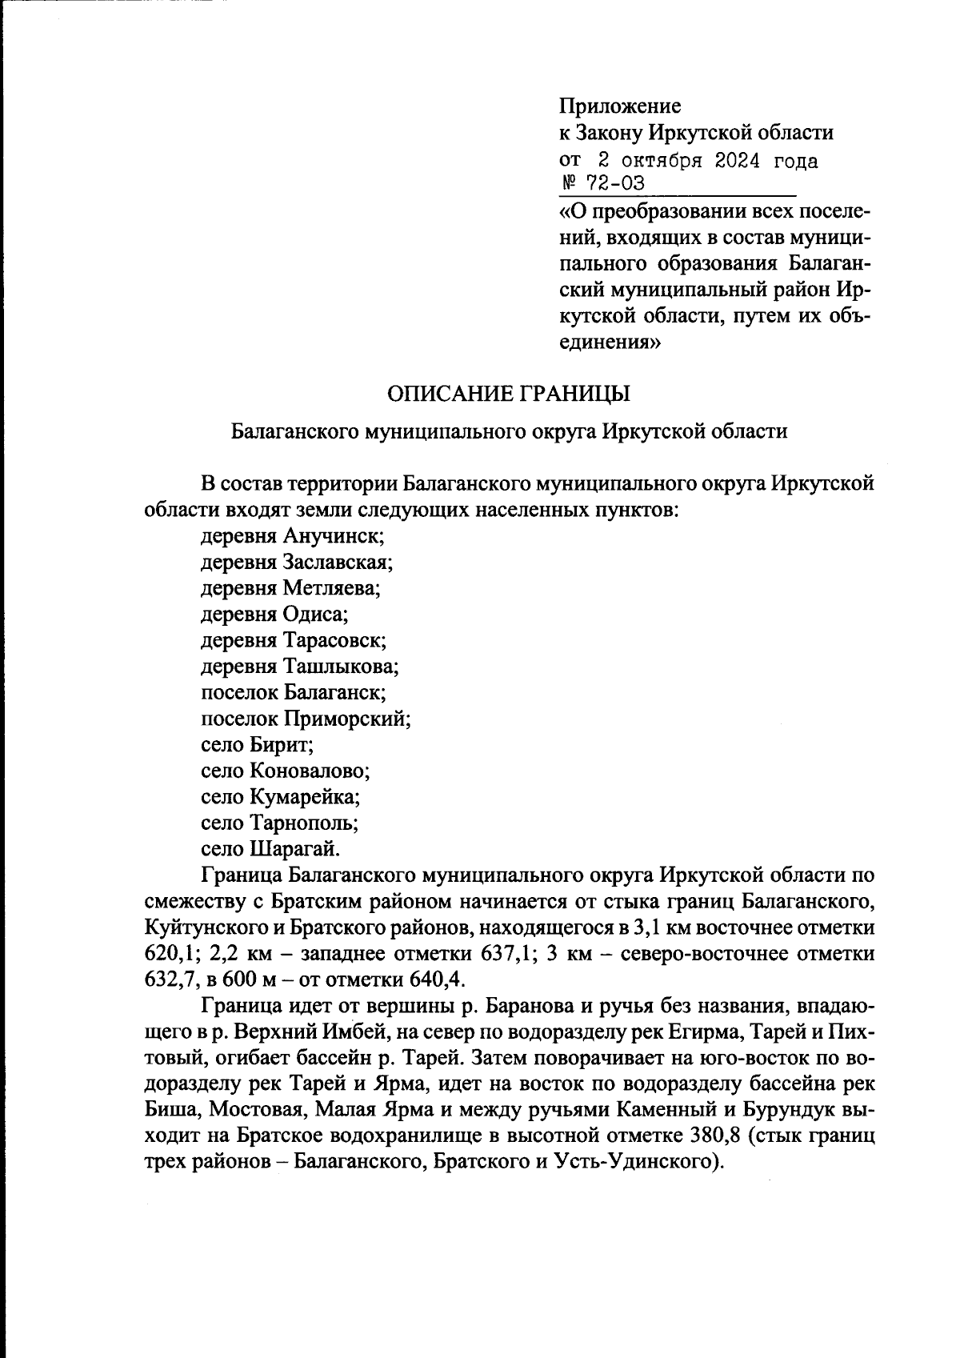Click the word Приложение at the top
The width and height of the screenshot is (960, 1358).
620,106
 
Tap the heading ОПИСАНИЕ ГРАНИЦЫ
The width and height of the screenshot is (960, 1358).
509,394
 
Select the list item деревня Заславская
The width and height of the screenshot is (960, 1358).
297,562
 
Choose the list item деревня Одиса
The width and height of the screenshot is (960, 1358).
275,615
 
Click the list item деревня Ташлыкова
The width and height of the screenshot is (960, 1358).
300,667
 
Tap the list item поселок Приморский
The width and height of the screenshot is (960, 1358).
306,719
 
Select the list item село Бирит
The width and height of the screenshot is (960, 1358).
257,745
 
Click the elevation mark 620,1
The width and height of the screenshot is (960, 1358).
171,955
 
